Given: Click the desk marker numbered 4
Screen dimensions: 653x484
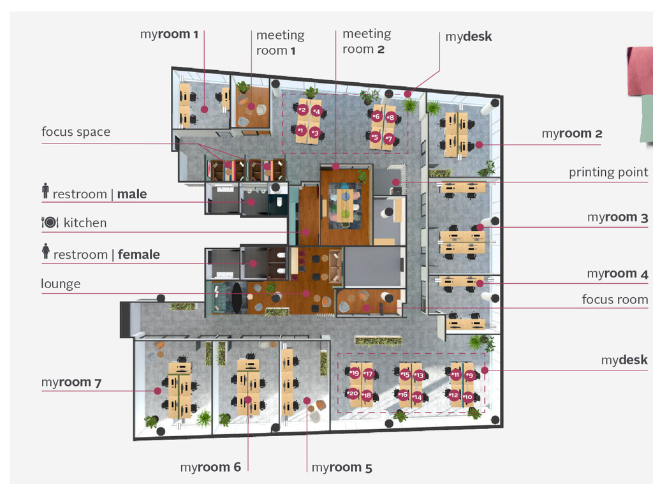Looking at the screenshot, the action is pyautogui.click(x=317, y=111).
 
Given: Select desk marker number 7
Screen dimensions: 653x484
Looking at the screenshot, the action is pyautogui.click(x=389, y=138).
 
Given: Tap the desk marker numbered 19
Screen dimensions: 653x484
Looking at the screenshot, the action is pyautogui.click(x=355, y=373).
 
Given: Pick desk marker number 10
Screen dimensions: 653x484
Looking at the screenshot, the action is pyautogui.click(x=468, y=397).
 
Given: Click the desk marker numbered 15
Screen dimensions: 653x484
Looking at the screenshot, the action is pyautogui.click(x=405, y=374).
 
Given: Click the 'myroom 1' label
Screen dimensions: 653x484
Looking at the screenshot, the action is pyautogui.click(x=169, y=34).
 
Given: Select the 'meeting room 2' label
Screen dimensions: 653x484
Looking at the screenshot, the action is pyautogui.click(x=367, y=41).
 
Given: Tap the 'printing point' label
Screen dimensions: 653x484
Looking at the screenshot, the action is pyautogui.click(x=608, y=172).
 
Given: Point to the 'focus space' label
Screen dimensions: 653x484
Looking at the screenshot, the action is pyautogui.click(x=76, y=132).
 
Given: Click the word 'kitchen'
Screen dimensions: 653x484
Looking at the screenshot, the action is pyautogui.click(x=85, y=223).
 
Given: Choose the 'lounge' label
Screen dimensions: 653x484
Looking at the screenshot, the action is pyautogui.click(x=61, y=284).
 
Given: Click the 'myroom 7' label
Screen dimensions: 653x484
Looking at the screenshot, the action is pyautogui.click(x=71, y=383).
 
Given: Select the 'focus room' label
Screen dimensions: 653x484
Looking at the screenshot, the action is pyautogui.click(x=615, y=300).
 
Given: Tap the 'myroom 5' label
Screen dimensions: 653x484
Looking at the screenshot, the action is pyautogui.click(x=342, y=468).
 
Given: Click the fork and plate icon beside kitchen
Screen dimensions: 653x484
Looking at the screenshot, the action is pyautogui.click(x=50, y=222).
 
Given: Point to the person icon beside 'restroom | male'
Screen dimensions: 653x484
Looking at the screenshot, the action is pyautogui.click(x=45, y=191).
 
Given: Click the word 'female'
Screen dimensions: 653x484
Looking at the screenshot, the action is pyautogui.click(x=138, y=254).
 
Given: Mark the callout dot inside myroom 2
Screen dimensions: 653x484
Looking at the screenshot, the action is pyautogui.click(x=479, y=145).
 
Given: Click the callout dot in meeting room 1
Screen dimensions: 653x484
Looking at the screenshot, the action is pyautogui.click(x=251, y=106).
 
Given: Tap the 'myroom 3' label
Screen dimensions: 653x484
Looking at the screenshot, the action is pyautogui.click(x=617, y=217).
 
